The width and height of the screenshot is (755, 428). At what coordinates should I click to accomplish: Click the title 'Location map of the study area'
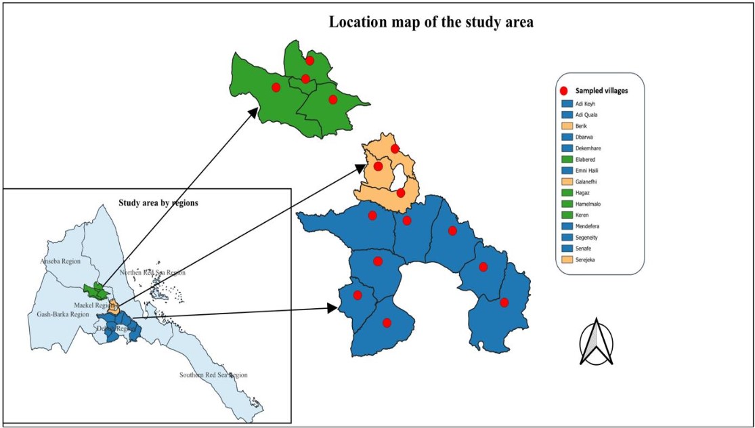pyautogui.click(x=431, y=22)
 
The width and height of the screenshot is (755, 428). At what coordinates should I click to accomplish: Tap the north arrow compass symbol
pyautogui.click(x=595, y=342)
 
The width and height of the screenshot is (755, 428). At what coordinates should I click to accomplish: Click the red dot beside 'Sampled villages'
pyautogui.click(x=563, y=90)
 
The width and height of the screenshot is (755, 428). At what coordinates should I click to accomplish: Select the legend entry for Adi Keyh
pyautogui.click(x=586, y=104)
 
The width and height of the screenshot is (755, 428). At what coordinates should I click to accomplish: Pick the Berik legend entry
pyautogui.click(x=582, y=126)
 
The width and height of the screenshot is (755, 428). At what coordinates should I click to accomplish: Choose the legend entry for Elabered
pyautogui.click(x=586, y=159)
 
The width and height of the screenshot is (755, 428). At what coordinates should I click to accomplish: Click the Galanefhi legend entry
pyautogui.click(x=587, y=181)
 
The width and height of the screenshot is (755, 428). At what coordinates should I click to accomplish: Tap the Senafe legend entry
pyautogui.click(x=584, y=248)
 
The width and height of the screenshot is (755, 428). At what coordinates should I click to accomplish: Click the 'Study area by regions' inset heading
pyautogui.click(x=158, y=202)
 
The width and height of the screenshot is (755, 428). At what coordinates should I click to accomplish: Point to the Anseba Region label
pyautogui.click(x=61, y=261)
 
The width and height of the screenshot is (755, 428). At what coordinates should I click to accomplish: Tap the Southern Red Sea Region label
pyautogui.click(x=213, y=374)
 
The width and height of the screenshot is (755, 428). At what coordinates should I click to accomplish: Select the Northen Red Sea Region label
pyautogui.click(x=152, y=272)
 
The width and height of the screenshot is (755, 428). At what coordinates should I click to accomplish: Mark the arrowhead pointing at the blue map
pyautogui.click(x=332, y=308)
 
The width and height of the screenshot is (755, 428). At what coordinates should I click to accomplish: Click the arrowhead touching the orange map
pyautogui.click(x=358, y=167)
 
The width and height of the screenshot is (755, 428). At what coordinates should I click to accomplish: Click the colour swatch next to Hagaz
pyautogui.click(x=567, y=192)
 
